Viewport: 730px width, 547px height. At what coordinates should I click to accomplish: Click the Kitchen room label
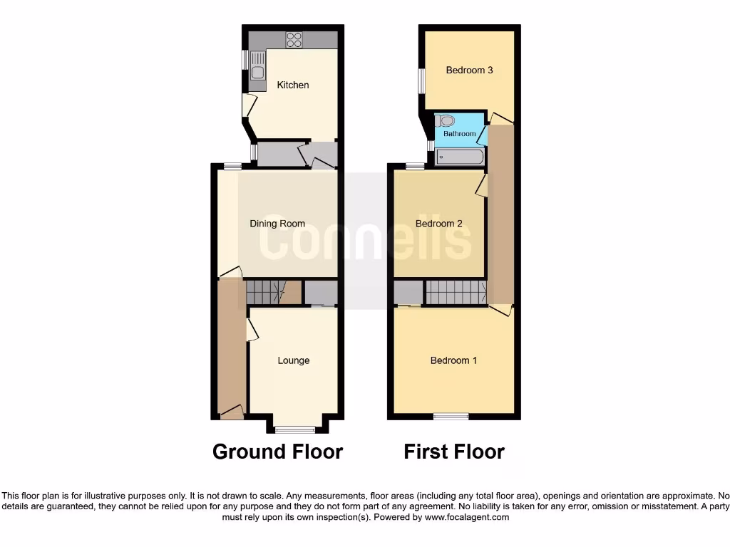click(293, 85)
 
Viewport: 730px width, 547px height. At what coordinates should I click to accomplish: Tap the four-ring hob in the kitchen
click(294, 40)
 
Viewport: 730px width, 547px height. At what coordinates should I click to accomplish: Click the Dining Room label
click(277, 224)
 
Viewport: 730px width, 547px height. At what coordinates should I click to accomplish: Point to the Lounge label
click(293, 360)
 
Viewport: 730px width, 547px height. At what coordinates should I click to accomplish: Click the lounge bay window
click(295, 429)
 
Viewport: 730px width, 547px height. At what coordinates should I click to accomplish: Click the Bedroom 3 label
click(469, 70)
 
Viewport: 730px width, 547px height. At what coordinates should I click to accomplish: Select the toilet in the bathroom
click(447, 121)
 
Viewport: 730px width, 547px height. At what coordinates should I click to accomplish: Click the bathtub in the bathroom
click(460, 157)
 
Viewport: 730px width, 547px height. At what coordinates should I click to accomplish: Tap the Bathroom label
click(459, 134)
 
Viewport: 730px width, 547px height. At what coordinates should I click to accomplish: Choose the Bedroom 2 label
click(438, 224)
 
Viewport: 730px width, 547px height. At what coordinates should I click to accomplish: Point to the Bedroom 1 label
click(453, 360)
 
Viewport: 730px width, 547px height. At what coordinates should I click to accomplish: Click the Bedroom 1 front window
click(451, 416)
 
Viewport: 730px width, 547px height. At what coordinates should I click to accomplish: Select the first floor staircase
click(456, 292)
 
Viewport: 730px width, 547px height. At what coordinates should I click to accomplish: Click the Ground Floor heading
click(277, 452)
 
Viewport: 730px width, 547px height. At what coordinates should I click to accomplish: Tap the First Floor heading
click(454, 452)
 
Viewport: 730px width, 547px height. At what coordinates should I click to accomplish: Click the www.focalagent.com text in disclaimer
click(467, 518)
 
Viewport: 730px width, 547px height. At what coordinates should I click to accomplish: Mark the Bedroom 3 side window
click(421, 80)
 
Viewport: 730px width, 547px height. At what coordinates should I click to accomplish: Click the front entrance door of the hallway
click(231, 412)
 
